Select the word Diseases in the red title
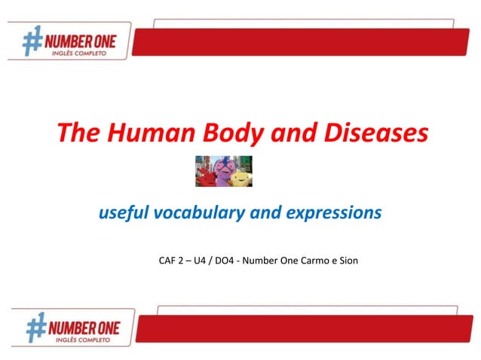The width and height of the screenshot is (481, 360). [375, 134]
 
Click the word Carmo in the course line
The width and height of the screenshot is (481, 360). [316, 261]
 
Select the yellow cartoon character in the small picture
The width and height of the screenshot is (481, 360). [240, 178]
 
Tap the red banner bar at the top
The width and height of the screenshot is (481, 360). [302, 41]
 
